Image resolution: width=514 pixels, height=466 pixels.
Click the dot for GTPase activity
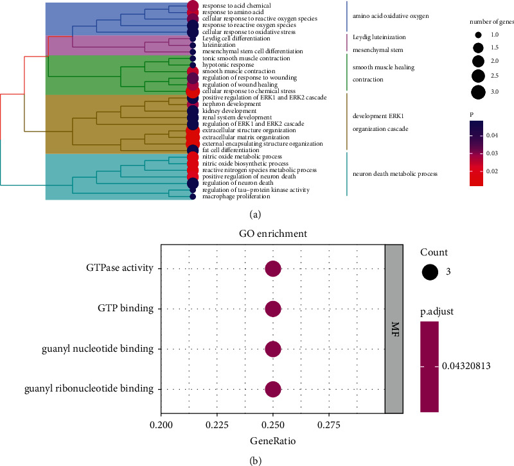[273, 269]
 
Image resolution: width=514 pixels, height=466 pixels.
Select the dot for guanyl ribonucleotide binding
[273, 389]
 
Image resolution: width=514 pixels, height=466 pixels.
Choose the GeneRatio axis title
[272, 442]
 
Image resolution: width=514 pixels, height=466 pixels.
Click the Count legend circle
[430, 272]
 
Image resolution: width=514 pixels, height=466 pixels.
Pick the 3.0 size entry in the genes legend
[477, 92]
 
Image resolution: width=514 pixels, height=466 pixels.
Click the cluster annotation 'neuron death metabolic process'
[398, 173]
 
